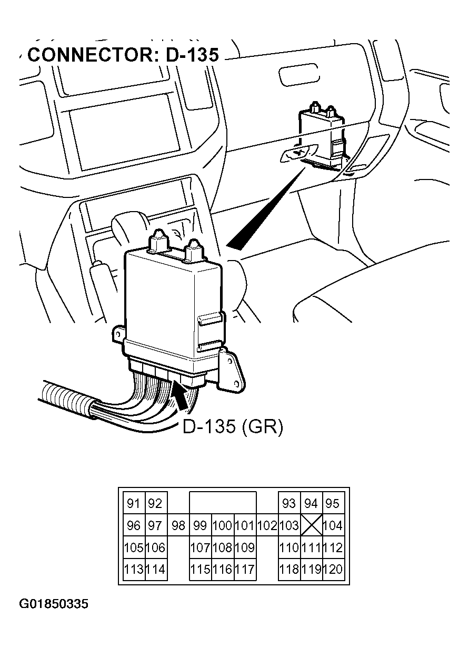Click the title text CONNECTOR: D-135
123,54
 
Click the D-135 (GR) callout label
232,427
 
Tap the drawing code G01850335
54,604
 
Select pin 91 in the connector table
134,503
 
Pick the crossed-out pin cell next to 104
312,525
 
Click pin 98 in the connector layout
178,525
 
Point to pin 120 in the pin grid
333,569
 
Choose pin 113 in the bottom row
134,569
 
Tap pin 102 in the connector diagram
267,525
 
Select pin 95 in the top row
333,503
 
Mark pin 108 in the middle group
222,547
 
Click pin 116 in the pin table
222,569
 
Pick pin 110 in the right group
289,547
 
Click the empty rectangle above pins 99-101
223,503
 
